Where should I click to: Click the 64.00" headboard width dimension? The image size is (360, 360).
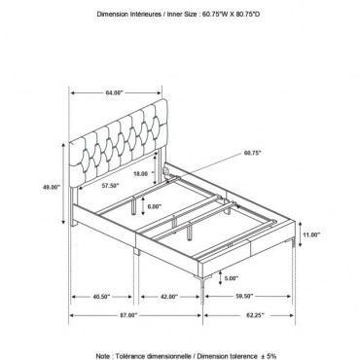[x=115, y=92]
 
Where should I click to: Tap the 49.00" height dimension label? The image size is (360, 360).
[x=52, y=187]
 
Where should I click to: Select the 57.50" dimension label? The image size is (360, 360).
[x=110, y=186]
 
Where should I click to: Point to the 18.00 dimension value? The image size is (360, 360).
[x=140, y=173]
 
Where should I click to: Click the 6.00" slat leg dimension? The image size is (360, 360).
[x=155, y=206]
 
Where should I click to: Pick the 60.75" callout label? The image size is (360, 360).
[x=252, y=153]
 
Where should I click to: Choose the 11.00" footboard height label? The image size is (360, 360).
[x=310, y=234]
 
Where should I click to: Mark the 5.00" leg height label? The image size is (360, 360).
[x=231, y=278]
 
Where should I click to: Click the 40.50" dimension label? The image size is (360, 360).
[x=101, y=297]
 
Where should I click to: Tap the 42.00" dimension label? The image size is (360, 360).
[x=169, y=297]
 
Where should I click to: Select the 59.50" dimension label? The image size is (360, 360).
[x=244, y=297]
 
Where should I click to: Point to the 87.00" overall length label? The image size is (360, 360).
[x=128, y=315]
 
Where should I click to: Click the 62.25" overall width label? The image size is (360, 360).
[x=255, y=315]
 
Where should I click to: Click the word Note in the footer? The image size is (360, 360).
[x=102, y=356]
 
